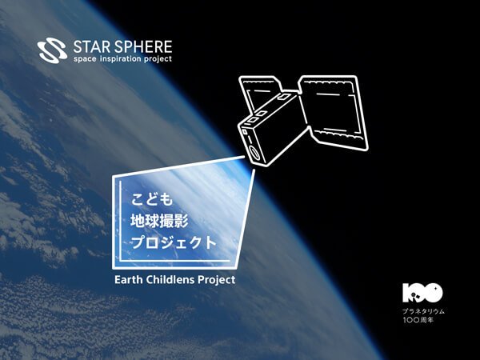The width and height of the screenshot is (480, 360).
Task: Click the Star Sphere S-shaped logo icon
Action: point(52,50)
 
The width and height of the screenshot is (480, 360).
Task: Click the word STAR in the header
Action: point(92,47)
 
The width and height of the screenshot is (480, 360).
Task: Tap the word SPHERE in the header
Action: point(144,47)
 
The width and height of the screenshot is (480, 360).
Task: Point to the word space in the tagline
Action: point(85,59)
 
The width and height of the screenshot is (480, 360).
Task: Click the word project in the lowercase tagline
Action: point(158,58)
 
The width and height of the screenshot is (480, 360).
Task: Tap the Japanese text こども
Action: point(152,199)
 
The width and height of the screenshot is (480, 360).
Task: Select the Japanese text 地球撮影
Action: point(159,221)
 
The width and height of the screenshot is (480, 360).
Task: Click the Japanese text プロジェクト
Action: point(174,242)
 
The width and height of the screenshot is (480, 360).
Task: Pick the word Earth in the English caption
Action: point(129,279)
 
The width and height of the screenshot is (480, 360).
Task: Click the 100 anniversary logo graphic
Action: point(422,293)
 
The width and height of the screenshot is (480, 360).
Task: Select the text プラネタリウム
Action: point(423,311)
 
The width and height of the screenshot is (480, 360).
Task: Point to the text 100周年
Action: point(418,320)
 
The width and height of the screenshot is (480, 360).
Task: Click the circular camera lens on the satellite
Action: point(254,153)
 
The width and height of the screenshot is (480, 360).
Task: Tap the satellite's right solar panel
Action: point(333,112)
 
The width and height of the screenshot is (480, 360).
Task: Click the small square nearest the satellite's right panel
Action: point(283,97)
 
